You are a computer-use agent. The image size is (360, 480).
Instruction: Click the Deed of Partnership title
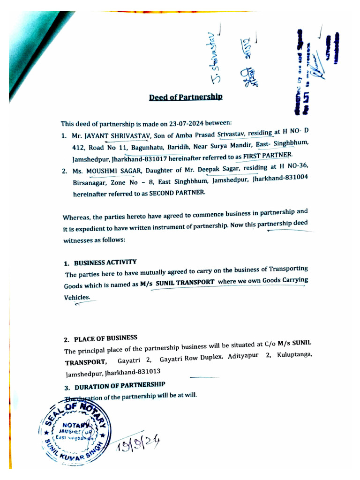(186, 97)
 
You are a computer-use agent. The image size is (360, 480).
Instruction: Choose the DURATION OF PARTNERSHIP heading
(115, 385)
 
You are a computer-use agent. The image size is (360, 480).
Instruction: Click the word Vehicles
(77, 297)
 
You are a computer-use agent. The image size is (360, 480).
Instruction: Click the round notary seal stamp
(76, 432)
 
